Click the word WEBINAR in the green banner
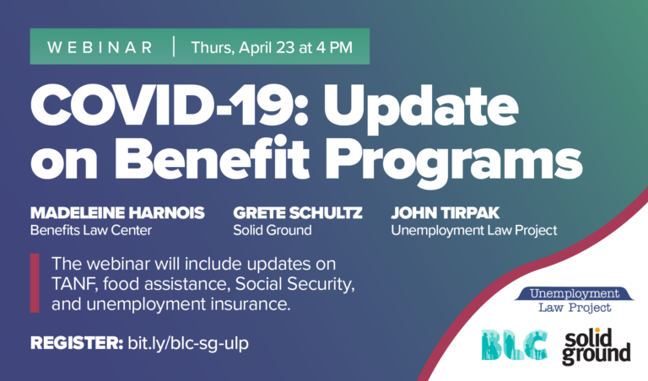tap(100, 47)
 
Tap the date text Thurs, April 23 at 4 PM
tap(272, 48)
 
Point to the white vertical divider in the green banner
tap(174, 46)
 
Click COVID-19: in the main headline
tap(169, 105)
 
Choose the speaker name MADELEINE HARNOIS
tap(117, 213)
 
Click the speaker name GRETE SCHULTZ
tap(298, 213)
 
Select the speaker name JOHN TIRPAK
tap(445, 213)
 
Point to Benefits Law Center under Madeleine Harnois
tap(91, 230)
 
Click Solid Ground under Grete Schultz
tap(273, 230)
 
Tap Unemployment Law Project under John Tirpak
tap(474, 230)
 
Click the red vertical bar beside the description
tap(35, 282)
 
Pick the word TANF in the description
tap(74, 284)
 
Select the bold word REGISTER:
tap(77, 343)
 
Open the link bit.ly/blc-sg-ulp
tap(188, 344)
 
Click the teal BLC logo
tap(515, 345)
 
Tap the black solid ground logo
tap(597, 346)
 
